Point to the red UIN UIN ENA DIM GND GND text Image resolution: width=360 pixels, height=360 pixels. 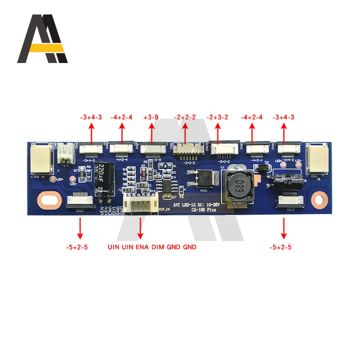[x=152, y=247]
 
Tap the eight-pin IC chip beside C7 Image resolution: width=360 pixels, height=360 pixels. [x=168, y=187]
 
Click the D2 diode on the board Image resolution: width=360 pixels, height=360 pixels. [x=260, y=168]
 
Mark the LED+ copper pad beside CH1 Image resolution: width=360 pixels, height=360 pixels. [x=53, y=179]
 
